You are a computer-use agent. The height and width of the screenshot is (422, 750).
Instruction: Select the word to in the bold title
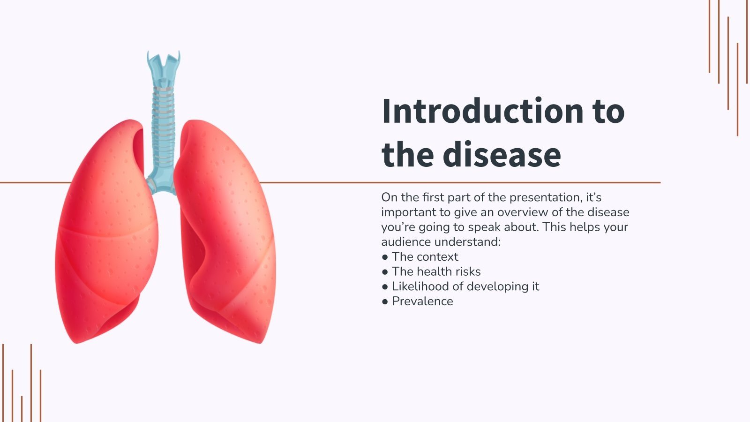(x=608, y=111)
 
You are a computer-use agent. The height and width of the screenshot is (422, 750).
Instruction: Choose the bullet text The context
(x=425, y=256)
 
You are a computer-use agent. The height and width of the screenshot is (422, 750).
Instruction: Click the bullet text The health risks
(x=436, y=271)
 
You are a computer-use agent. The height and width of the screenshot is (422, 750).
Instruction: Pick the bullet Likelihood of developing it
(x=465, y=286)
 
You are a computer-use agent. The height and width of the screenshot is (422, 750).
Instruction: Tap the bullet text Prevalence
(x=422, y=301)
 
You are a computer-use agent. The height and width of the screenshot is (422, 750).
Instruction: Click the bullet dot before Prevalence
(x=385, y=301)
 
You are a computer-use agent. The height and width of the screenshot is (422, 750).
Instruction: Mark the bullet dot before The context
(x=385, y=257)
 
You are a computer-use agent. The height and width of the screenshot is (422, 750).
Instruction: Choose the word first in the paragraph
(x=433, y=197)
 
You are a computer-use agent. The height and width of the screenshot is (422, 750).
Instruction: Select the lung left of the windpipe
(x=108, y=234)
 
